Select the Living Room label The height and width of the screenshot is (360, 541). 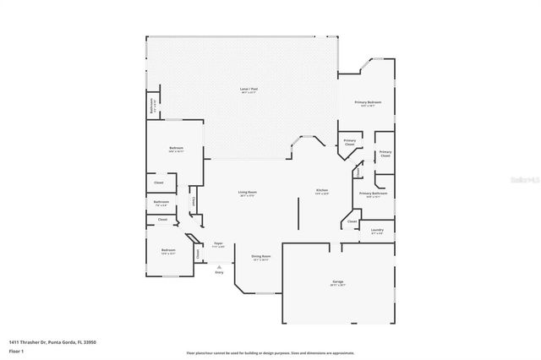click(247, 194)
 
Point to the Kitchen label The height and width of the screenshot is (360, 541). click(322, 191)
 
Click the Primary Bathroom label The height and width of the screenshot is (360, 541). click(373, 194)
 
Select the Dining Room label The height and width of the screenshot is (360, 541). click(260, 257)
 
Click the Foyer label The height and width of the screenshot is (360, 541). click(218, 243)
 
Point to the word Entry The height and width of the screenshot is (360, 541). click(219, 272)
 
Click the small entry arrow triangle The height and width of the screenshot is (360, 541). click(219, 265)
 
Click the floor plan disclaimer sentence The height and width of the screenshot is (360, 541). click(270, 353)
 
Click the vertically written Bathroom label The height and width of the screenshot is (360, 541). click(152, 107)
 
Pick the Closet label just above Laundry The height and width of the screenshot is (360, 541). click(350, 223)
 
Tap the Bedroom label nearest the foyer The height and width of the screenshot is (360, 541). click(167, 250)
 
